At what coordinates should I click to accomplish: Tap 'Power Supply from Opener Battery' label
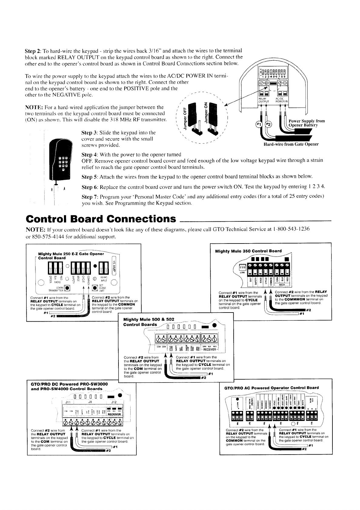306,123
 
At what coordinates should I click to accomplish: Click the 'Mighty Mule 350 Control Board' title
248,251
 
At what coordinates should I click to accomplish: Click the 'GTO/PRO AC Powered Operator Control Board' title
271,387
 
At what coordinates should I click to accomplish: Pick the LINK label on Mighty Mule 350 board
242,272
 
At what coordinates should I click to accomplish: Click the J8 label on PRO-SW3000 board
90,402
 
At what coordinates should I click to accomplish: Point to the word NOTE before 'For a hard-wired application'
33,108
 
